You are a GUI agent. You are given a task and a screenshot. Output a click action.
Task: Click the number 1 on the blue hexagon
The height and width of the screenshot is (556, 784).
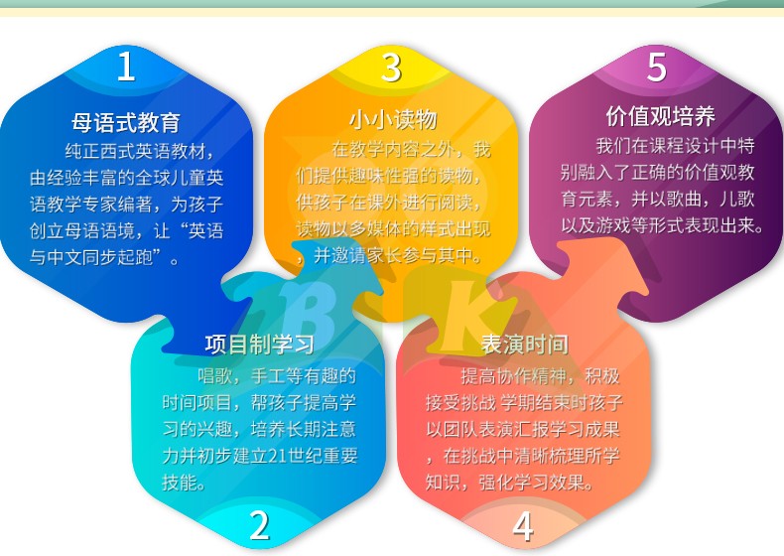126,67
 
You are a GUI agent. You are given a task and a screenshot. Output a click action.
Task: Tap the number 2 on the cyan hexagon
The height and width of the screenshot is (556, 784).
259,525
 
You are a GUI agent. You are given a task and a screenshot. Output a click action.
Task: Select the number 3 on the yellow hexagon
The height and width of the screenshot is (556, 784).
391,68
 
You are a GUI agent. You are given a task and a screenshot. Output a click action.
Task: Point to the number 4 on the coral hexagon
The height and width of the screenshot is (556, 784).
523,526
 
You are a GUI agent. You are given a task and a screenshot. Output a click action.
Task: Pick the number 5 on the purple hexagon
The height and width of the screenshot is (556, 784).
656,67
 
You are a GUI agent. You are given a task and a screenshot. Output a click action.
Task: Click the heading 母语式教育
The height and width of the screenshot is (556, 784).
125,122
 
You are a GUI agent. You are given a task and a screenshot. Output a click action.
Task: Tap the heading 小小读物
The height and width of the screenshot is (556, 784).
393,119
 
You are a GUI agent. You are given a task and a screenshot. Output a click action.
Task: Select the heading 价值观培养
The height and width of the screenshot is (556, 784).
661,116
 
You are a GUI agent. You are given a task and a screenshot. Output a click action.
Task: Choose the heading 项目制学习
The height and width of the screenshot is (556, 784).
260,345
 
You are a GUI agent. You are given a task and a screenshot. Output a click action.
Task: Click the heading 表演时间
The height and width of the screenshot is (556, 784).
525,345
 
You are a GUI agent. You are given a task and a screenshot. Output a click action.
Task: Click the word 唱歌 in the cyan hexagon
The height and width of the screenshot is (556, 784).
215,376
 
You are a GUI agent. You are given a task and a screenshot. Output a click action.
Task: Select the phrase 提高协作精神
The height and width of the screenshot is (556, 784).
513,376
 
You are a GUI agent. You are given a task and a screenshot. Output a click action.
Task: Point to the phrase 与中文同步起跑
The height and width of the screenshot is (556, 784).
90,257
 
